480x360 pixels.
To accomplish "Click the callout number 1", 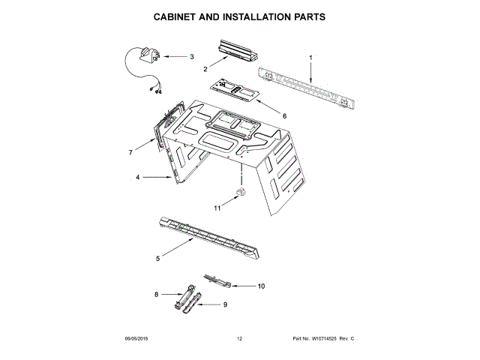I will [310, 57].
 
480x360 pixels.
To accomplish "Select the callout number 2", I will [205, 69].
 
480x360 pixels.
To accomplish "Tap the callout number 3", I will [191, 56].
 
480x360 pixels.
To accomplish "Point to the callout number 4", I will [138, 178].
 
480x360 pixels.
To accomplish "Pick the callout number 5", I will [157, 259].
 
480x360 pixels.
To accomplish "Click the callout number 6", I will [284, 115].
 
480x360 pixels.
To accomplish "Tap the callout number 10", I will [261, 286].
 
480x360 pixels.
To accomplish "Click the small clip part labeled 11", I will [241, 194].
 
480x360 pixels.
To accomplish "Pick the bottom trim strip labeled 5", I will [209, 238].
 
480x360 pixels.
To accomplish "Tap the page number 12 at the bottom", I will [240, 340].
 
